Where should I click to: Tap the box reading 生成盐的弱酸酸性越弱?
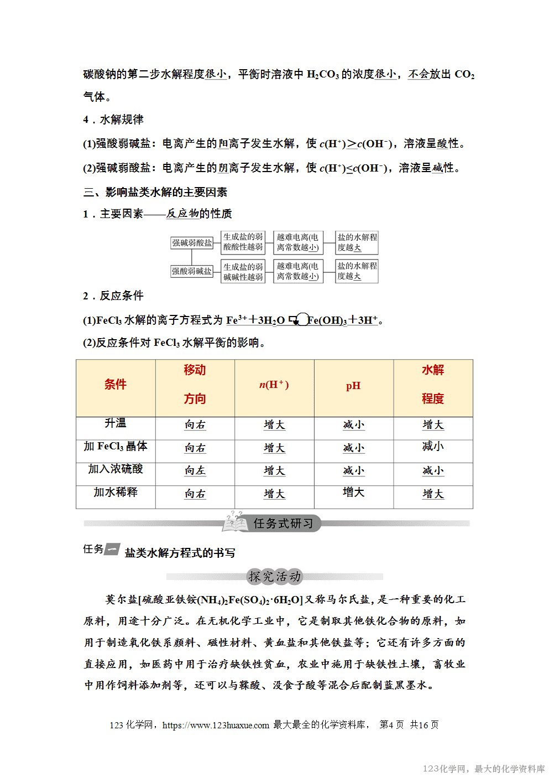[243, 242]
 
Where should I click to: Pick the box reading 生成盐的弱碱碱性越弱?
[243, 271]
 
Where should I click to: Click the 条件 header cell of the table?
[116, 385]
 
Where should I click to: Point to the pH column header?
[353, 386]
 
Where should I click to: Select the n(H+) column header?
[274, 385]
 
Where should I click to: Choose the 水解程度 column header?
[433, 385]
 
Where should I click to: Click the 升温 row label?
[116, 423]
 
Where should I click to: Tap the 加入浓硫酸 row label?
[116, 469]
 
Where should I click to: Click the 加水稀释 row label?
[116, 493]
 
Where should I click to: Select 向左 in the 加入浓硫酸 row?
[195, 471]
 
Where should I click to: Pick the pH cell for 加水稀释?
[353, 493]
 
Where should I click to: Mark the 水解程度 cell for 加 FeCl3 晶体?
[433, 447]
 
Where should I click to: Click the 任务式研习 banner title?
[283, 524]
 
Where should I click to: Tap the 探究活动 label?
[275, 577]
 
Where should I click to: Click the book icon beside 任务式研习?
[235, 522]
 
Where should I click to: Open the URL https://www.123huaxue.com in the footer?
[216, 725]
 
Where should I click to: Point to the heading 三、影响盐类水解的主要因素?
[155, 193]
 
